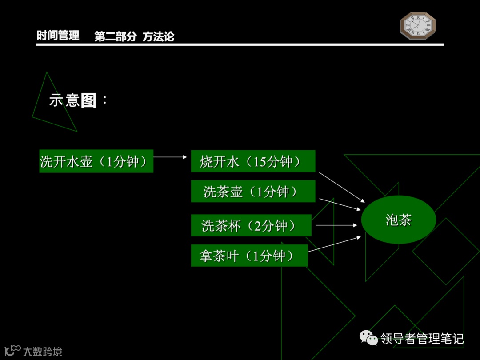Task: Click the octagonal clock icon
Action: (x=418, y=26)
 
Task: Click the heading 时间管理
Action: (x=58, y=36)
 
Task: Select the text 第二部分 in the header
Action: (x=116, y=37)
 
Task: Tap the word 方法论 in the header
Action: (x=158, y=37)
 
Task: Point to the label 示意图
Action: (x=73, y=100)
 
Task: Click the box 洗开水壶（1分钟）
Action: (x=96, y=161)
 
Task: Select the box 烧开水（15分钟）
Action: (x=253, y=161)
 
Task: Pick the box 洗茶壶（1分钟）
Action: (x=253, y=192)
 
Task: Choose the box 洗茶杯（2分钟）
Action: (x=251, y=225)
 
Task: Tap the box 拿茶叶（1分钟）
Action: (x=249, y=256)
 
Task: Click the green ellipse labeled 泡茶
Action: (x=398, y=220)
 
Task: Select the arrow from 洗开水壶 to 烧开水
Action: (x=170, y=157)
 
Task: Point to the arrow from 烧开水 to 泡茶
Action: (x=341, y=187)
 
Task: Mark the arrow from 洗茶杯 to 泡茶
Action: (x=336, y=225)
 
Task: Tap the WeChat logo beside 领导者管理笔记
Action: (x=369, y=338)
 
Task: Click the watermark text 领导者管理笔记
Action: (x=422, y=339)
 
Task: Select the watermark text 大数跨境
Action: (x=43, y=352)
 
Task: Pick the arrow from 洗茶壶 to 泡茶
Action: (x=340, y=204)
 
